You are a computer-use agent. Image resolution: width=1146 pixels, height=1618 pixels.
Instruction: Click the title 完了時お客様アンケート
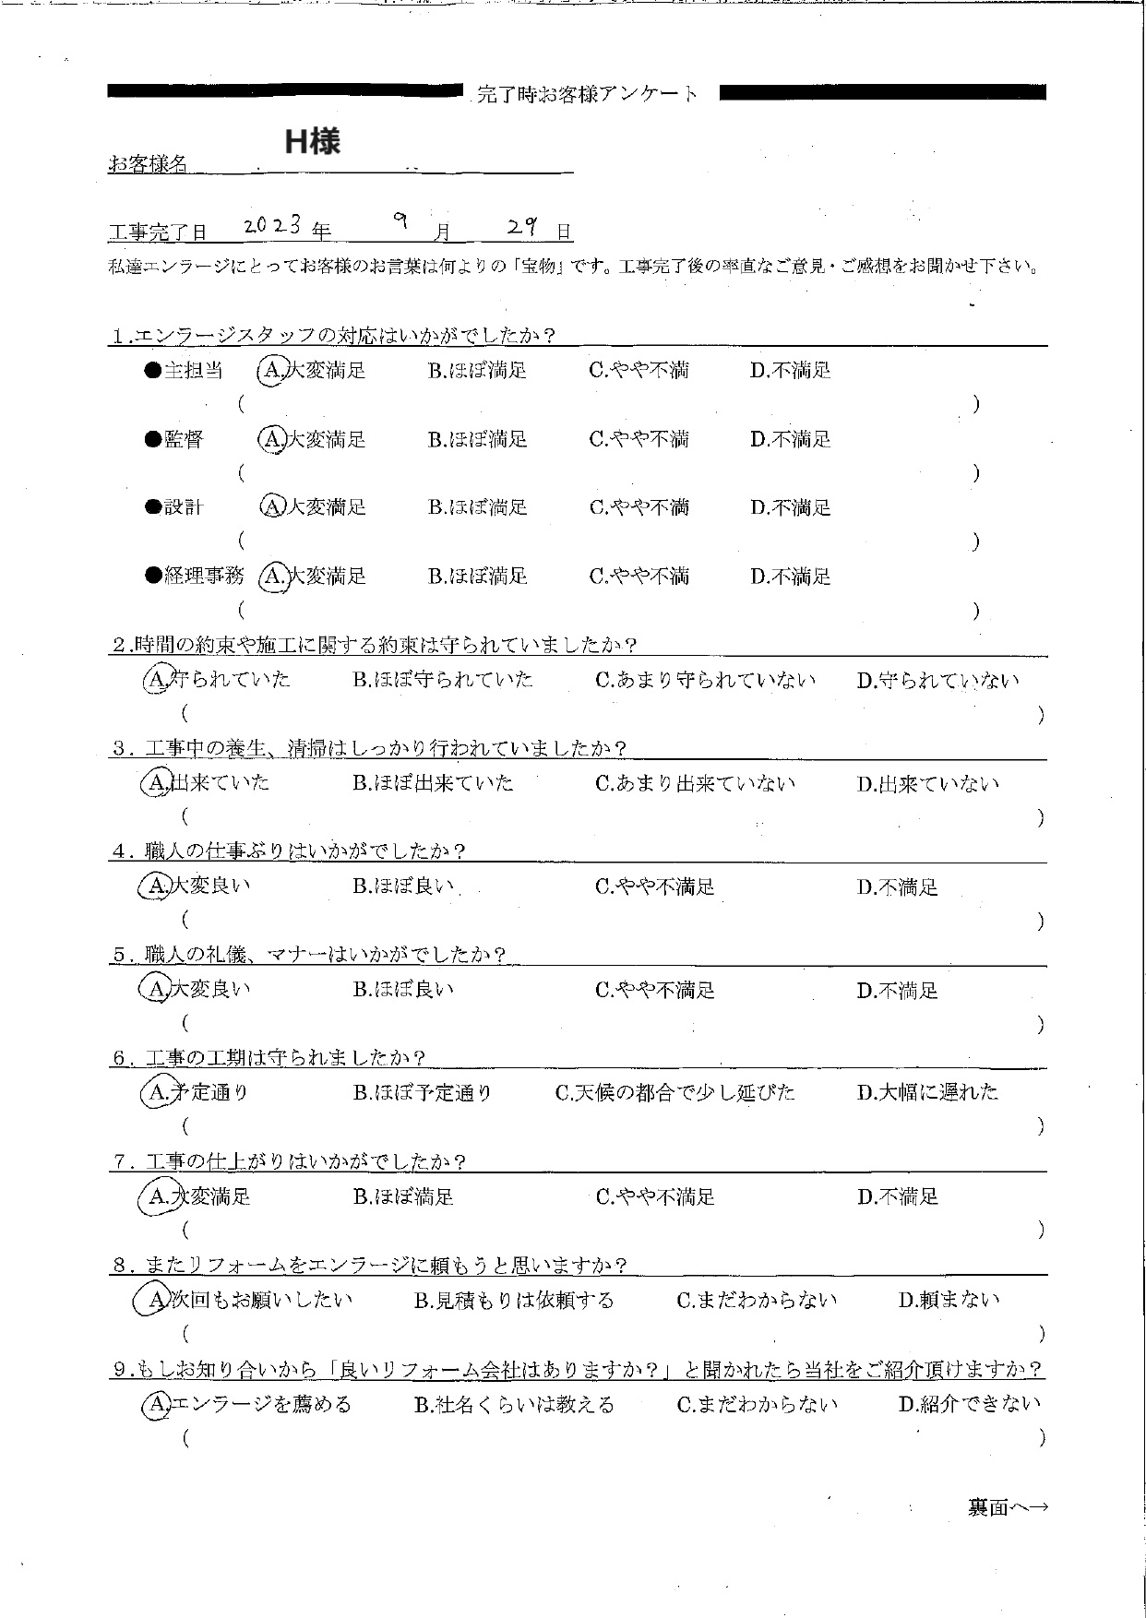pyautogui.click(x=588, y=93)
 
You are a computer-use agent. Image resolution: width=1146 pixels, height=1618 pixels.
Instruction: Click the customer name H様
pyautogui.click(x=312, y=141)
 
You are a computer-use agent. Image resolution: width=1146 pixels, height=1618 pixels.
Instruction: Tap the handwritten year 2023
pyautogui.click(x=273, y=226)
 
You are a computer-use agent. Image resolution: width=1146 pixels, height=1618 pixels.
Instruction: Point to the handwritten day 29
pyautogui.click(x=522, y=227)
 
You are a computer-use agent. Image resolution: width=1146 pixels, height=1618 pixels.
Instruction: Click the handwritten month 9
pyautogui.click(x=400, y=221)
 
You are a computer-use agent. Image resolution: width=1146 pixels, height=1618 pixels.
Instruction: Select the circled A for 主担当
pyautogui.click(x=270, y=371)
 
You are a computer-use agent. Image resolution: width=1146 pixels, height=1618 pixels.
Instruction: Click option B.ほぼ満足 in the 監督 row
pyautogui.click(x=477, y=440)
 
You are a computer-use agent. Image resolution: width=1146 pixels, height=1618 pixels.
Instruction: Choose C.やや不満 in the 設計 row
pyautogui.click(x=639, y=507)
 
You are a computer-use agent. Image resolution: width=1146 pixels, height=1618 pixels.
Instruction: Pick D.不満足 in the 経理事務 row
pyautogui.click(x=790, y=577)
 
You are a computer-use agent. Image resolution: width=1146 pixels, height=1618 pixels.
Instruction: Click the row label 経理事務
pyautogui.click(x=203, y=577)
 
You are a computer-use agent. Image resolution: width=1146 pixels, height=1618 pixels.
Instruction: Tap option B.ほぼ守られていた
pyautogui.click(x=443, y=680)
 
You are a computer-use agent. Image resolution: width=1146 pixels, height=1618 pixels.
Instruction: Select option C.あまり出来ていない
pyautogui.click(x=695, y=783)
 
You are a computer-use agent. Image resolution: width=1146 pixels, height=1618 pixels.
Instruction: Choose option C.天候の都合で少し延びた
pyautogui.click(x=674, y=1092)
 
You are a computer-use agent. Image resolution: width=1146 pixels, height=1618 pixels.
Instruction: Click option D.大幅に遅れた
pyautogui.click(x=927, y=1092)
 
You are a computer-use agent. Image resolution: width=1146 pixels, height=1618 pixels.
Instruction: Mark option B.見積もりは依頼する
pyautogui.click(x=514, y=1301)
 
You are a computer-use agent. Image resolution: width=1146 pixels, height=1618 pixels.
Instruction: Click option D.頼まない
pyautogui.click(x=949, y=1301)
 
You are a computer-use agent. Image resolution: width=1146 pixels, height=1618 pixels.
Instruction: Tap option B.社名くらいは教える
pyautogui.click(x=514, y=1405)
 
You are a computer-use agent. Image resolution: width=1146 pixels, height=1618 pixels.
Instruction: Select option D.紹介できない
pyautogui.click(x=969, y=1404)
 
